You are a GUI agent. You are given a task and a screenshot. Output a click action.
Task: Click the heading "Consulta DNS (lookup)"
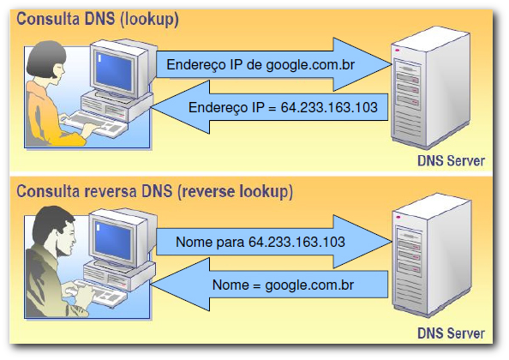(98, 19)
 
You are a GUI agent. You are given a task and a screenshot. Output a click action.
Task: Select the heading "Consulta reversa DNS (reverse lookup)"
(154, 191)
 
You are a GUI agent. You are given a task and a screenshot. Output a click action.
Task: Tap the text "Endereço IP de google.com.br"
(260, 65)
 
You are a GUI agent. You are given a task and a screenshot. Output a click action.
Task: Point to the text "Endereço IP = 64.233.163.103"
(283, 107)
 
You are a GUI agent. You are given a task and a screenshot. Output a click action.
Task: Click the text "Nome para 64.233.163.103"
(260, 243)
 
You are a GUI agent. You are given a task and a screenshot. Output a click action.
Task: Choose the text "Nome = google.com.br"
(283, 285)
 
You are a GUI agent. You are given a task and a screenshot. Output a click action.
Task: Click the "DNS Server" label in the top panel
(451, 161)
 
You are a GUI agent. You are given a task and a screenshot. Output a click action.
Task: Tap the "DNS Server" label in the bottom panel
(451, 333)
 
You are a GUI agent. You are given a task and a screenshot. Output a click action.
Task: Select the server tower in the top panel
(430, 88)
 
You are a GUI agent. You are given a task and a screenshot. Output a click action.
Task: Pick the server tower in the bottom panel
(431, 255)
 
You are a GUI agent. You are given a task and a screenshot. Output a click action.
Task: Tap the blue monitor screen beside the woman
(114, 71)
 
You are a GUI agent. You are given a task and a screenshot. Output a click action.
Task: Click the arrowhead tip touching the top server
(391, 64)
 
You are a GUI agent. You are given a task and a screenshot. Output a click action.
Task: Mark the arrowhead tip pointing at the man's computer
(152, 285)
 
